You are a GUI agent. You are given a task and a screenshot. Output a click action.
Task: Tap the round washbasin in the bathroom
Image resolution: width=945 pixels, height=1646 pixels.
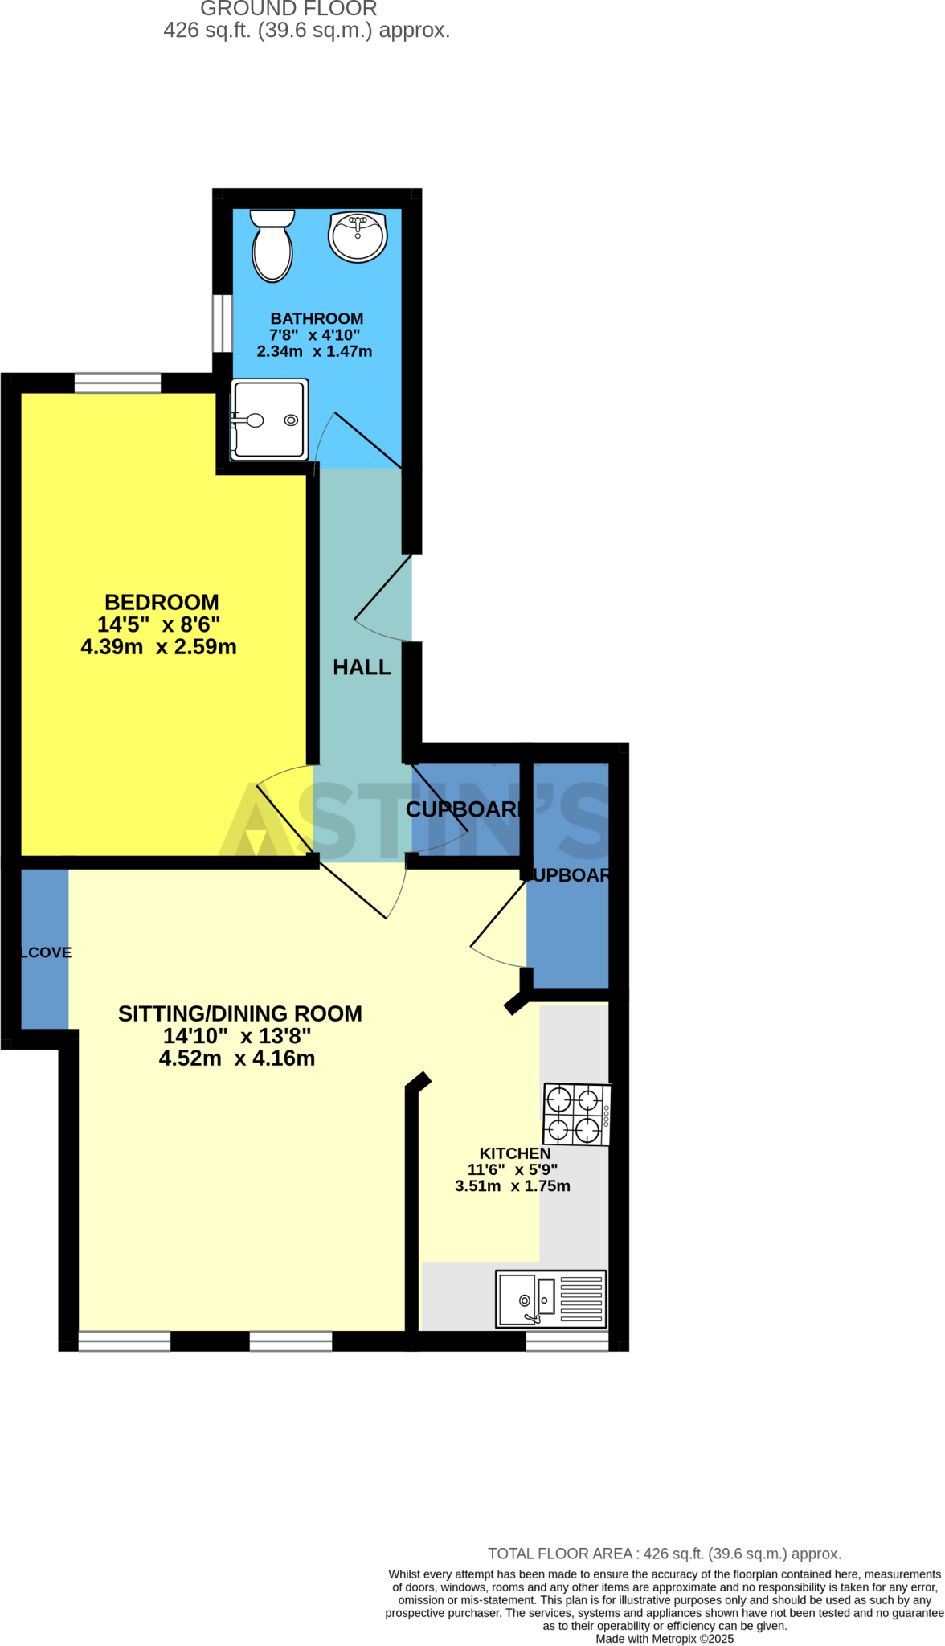tap(358, 236)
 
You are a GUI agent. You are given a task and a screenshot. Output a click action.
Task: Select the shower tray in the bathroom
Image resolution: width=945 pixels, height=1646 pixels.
tap(269, 420)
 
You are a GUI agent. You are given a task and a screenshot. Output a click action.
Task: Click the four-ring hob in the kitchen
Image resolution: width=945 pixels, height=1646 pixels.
tap(576, 1114)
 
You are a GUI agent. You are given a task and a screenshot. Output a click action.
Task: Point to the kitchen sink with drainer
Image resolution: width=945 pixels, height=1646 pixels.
tap(550, 1299)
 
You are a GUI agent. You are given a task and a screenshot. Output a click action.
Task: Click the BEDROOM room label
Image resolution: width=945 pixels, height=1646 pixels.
tap(162, 602)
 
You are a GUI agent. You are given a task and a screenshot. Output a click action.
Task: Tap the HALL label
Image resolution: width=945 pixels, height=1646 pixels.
tap(362, 667)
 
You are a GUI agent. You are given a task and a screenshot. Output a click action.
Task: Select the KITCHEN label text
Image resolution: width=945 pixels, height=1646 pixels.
tap(515, 1153)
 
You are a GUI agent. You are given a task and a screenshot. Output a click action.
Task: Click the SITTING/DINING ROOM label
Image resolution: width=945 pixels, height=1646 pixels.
tap(239, 1013)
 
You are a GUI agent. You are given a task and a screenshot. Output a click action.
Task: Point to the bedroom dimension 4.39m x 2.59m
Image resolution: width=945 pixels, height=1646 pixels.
tap(159, 647)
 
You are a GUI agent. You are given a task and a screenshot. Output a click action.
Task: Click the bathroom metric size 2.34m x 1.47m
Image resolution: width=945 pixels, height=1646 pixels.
tap(314, 351)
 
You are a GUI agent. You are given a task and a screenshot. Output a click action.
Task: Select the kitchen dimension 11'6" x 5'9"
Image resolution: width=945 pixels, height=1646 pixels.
tap(513, 1169)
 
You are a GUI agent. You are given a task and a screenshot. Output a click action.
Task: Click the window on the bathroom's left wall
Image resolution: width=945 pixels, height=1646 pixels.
tap(222, 323)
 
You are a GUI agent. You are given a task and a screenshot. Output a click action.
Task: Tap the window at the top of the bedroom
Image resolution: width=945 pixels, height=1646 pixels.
tap(117, 383)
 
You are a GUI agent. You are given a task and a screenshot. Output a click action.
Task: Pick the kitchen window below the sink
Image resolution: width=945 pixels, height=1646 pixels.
tap(567, 1341)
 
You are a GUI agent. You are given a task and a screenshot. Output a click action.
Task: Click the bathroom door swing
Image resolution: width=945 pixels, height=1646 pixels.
tap(354, 438)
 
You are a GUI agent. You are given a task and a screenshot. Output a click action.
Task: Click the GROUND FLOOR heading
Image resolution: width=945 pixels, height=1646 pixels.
tap(288, 9)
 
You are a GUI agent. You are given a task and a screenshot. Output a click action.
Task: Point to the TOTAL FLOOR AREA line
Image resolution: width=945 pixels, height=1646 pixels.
tap(665, 1554)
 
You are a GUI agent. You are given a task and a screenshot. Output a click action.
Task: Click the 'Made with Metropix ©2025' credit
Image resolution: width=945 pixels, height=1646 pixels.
tap(665, 1639)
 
